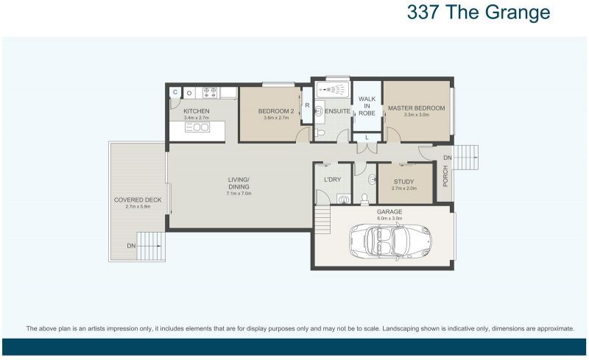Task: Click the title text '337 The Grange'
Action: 478,13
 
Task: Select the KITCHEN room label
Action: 197,111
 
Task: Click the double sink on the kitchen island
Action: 197,127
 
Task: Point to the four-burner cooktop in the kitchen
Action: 209,93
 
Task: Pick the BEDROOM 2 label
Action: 276,111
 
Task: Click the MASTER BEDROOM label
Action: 416,108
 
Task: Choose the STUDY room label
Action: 403,182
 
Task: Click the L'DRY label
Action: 332,179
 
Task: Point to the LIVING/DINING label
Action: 239,183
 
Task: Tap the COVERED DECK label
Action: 138,200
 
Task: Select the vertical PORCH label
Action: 445,175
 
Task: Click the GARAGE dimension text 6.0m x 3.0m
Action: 389,218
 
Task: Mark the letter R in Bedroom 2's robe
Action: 307,105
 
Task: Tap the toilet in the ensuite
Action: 322,133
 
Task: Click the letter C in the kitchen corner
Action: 175,93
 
